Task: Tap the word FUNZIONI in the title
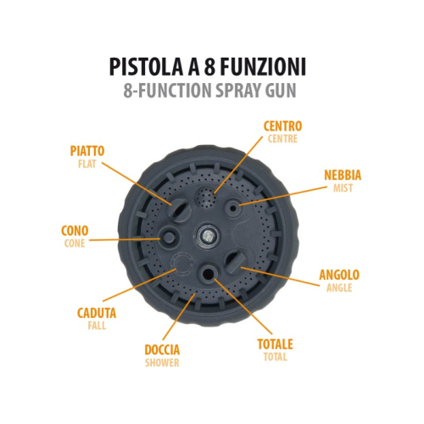[x=263, y=67]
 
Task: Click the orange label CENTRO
[x=282, y=126]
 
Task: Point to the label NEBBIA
[x=343, y=175]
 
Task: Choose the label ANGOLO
[x=339, y=275]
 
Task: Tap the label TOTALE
[x=275, y=344]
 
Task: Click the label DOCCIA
[x=162, y=349]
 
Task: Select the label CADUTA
[x=97, y=313]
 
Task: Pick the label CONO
[x=75, y=231]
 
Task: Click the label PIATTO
[x=87, y=151]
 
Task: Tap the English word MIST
[x=343, y=188]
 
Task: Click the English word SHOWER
[x=162, y=363]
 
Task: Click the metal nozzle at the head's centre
[x=208, y=235]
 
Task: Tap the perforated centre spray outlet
[x=206, y=198]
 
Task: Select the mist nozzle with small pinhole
[x=233, y=209]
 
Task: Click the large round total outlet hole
[x=209, y=272]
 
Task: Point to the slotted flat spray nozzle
[x=177, y=210]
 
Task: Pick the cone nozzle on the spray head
[x=169, y=237]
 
